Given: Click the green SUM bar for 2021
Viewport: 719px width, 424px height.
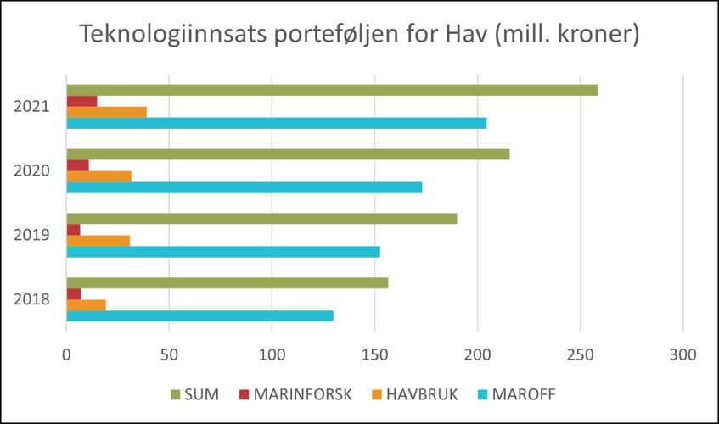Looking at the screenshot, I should (x=332, y=91).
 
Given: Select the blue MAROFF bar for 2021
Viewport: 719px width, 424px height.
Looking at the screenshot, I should (x=277, y=123).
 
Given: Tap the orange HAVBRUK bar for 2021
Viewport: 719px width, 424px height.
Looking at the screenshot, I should (x=107, y=112).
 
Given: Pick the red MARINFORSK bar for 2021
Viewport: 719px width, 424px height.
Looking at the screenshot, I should (x=82, y=101).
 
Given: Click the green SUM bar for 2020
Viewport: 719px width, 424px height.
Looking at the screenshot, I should (x=288, y=154).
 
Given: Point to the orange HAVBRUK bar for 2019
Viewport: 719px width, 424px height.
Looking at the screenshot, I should (x=98, y=241).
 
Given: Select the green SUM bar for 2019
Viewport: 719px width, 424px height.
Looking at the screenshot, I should (x=261, y=219).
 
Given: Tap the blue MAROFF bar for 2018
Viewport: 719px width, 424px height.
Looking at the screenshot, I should (x=200, y=316).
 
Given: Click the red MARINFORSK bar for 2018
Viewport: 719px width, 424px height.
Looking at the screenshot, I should (x=75, y=294).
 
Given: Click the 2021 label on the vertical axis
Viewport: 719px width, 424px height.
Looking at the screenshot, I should (x=31, y=107).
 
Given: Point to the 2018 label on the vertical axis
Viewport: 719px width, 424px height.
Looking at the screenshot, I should (x=31, y=299).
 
